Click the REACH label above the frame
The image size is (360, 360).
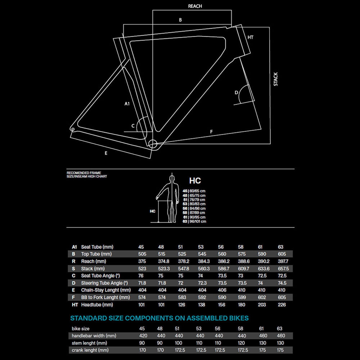click(x=195, y=6)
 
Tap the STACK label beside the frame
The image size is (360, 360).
click(x=276, y=79)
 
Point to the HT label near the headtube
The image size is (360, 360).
click(x=251, y=37)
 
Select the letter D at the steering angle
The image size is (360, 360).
click(x=237, y=93)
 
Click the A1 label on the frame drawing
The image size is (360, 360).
click(x=127, y=104)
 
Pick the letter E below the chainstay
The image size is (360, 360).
click(x=106, y=153)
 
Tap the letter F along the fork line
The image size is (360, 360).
click(x=211, y=132)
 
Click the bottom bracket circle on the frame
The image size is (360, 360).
click(x=153, y=143)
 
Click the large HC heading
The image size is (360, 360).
click(x=195, y=181)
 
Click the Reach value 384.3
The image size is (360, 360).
click(x=203, y=261)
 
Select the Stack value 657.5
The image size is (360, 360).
click(x=283, y=269)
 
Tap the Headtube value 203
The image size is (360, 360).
click(x=262, y=305)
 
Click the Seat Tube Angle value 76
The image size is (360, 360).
click(x=141, y=276)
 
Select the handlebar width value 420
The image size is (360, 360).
click(x=143, y=336)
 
